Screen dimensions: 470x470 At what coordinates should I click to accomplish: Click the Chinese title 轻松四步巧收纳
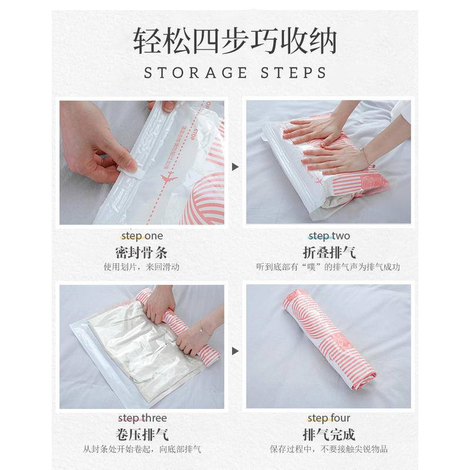235,41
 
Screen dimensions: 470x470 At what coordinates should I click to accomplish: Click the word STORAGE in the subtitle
196,73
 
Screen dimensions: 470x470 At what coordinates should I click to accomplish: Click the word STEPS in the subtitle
293,73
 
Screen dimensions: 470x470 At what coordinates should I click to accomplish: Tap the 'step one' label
142,236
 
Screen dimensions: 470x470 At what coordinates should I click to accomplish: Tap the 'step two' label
329,236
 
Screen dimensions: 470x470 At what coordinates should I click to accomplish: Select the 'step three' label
142,418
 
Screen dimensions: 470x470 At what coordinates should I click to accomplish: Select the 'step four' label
329,418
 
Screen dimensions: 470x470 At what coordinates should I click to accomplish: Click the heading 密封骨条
142,253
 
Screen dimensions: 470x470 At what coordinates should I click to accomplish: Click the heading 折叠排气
329,253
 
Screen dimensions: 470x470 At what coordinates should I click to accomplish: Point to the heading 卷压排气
142,435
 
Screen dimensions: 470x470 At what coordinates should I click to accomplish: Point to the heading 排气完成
329,435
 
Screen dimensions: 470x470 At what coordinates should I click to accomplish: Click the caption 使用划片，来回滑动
142,267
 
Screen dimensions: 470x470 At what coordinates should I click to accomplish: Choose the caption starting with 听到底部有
328,267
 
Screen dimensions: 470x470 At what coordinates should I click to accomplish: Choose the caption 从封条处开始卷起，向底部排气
142,449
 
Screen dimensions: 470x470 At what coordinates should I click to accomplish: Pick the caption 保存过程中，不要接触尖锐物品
329,449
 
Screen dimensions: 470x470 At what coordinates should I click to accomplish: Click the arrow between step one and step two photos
236,167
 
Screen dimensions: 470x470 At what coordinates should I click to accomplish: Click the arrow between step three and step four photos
236,351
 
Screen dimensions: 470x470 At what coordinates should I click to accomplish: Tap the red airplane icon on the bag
169,178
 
